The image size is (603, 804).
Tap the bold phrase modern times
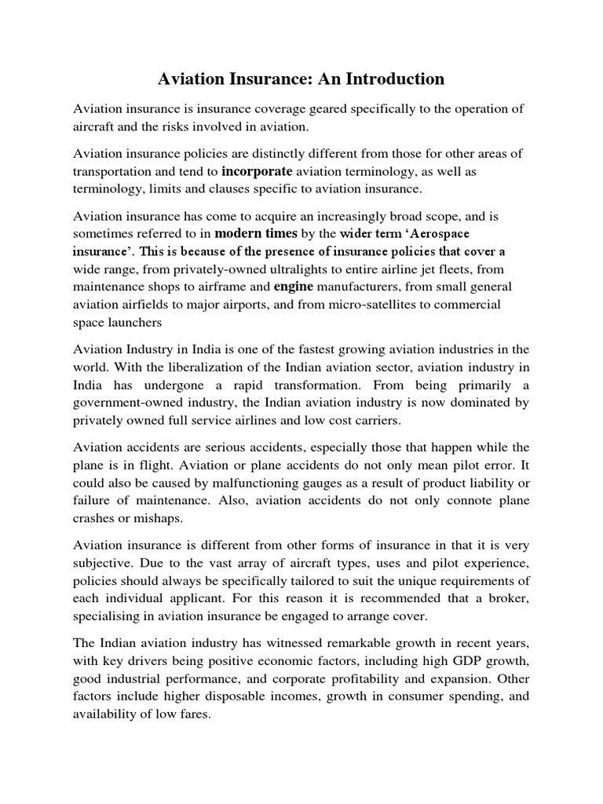pos(256,233)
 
